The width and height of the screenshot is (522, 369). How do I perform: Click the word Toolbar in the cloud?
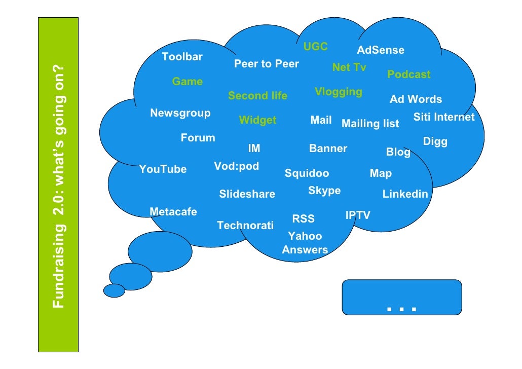pos(182,57)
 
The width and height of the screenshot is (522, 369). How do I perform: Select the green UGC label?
pos(316,47)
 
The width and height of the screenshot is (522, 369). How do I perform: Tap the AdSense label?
pos(381,50)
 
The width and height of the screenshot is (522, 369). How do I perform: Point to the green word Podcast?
pos(409,75)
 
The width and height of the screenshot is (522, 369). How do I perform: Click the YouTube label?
pos(163,169)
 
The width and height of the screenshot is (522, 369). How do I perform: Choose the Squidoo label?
pos(307,173)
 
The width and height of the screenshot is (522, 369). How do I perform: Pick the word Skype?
pos(324,191)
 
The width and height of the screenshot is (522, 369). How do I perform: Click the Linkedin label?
pos(405,194)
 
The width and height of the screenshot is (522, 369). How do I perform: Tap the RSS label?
pos(304,219)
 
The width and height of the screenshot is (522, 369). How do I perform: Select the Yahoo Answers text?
pos(305,243)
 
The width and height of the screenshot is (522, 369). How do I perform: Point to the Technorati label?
pos(245,226)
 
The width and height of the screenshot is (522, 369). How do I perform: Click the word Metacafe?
pos(173,212)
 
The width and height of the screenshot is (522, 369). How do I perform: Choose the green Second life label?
pos(257,96)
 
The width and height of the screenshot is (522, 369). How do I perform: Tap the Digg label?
pos(435,141)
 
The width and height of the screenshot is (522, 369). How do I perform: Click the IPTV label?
pos(358,215)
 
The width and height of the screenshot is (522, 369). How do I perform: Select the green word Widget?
pos(258,120)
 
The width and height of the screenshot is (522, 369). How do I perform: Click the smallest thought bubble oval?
pos(114,290)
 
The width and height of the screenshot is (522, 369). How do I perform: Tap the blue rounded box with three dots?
pos(402,297)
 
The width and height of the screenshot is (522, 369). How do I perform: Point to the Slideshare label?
pos(247,194)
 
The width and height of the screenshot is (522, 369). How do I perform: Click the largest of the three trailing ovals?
pos(160,251)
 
